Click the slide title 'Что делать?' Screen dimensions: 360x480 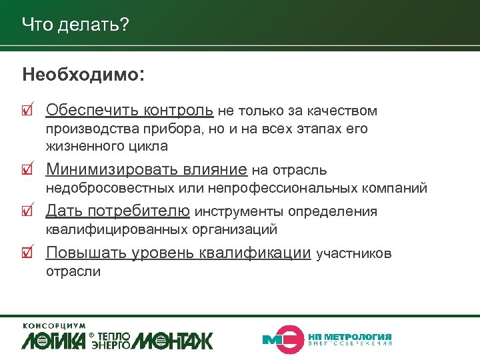tap(75, 25)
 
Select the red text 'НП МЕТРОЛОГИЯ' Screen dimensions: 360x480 tap(350, 336)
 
